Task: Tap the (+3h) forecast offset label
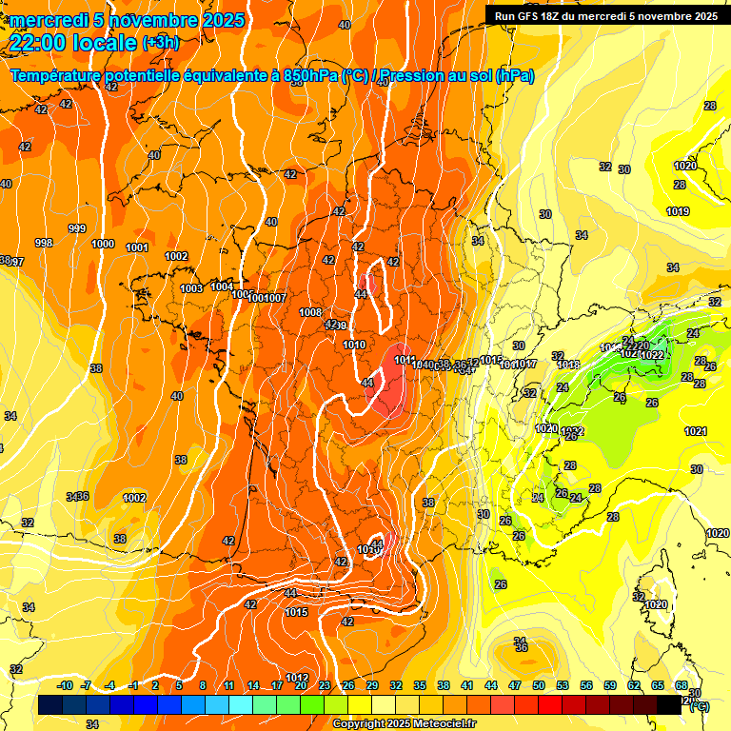160,42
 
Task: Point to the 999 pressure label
77,228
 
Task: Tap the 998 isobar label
44,243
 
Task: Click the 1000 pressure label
103,244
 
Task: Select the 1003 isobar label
191,288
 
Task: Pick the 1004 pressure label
222,286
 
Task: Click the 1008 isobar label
310,312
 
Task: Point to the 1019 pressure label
678,211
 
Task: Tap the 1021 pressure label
696,431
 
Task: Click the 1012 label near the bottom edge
297,678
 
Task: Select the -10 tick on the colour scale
65,685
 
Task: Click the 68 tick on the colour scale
682,685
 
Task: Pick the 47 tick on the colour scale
515,685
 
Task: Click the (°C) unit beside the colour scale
699,705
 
